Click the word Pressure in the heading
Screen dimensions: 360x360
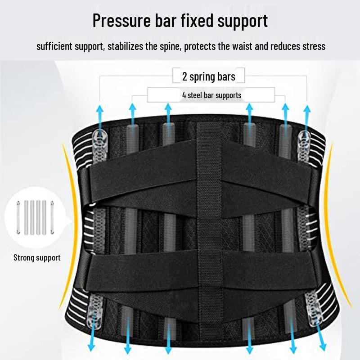click(x=121, y=21)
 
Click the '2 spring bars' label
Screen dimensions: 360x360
click(x=209, y=76)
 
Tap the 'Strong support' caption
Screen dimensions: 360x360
click(x=37, y=258)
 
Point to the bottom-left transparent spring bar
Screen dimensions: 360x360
click(x=94, y=311)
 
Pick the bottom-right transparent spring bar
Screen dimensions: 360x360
click(x=314, y=308)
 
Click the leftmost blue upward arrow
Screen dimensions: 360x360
click(x=99, y=119)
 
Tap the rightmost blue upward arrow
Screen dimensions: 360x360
click(x=307, y=119)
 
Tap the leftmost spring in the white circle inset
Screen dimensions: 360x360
click(x=18, y=217)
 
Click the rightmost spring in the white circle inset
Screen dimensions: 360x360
click(x=52, y=217)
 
